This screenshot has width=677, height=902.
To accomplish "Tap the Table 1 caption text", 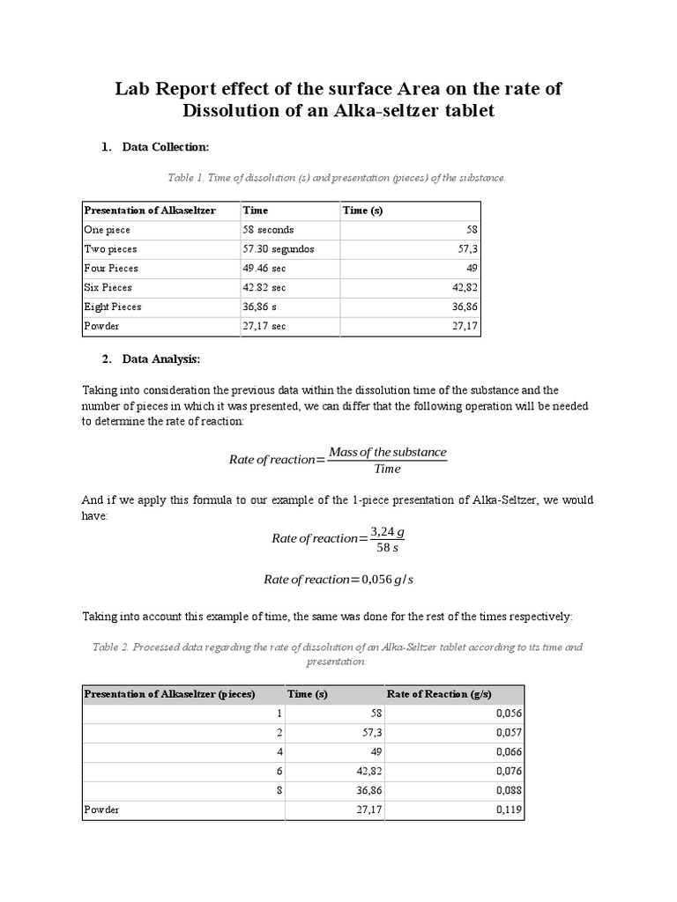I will point(337,178).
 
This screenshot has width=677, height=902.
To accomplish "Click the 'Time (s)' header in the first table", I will point(362,211).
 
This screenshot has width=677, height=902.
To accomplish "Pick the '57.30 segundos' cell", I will point(278,249).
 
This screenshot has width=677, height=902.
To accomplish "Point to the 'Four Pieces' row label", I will point(111,269).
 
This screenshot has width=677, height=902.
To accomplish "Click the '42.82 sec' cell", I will point(264,288).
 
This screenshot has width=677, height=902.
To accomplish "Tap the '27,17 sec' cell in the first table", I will point(264,327).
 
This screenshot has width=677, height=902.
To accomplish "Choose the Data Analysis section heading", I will point(161,359).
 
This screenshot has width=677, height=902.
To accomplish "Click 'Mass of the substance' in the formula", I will point(388,452).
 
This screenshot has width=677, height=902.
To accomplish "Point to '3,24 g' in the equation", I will point(388,532).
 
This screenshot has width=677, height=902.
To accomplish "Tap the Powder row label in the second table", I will point(101,810).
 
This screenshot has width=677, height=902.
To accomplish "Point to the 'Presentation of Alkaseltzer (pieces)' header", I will point(169,694).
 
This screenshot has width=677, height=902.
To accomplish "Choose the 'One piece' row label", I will point(107,230).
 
